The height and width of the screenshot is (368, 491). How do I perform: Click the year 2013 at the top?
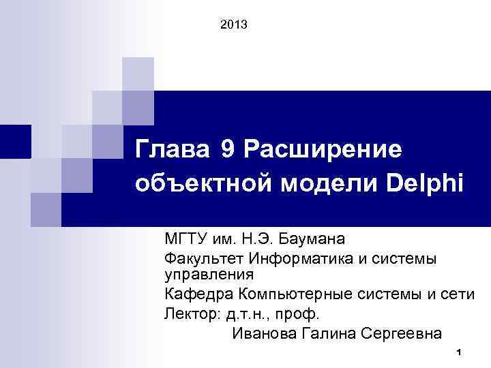[x=235, y=25]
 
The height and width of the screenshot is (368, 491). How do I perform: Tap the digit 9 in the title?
[x=227, y=148]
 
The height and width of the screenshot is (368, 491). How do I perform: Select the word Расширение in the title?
[x=323, y=148]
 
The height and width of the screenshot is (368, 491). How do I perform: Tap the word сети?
[x=458, y=294]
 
